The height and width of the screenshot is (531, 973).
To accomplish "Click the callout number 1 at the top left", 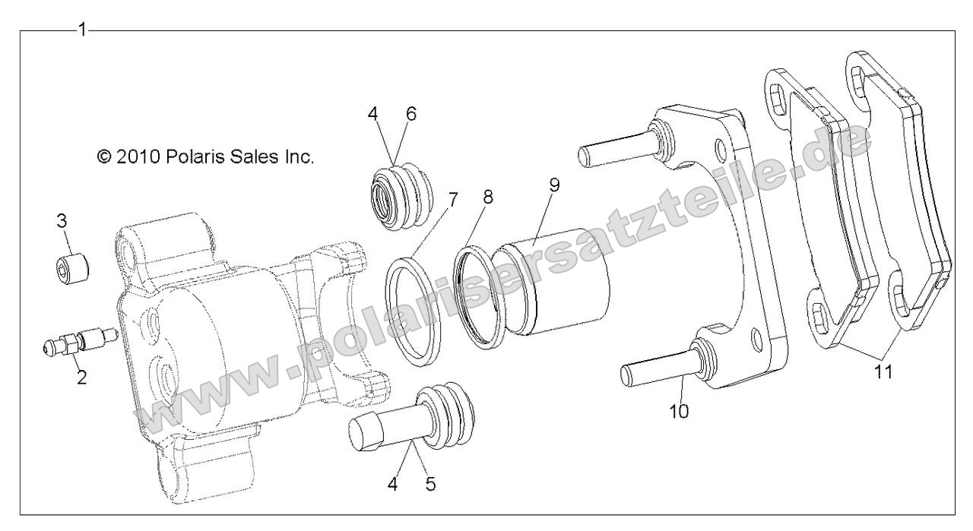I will pos(83,30).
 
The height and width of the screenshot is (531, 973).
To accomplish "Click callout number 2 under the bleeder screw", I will pos(81,377).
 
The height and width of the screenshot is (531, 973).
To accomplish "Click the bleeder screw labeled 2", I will pos(76,340).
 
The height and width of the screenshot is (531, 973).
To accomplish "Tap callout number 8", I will pos(487,196).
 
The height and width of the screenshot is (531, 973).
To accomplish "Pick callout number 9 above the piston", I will pos(554,186).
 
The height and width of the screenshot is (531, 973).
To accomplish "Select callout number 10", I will pos(679,411).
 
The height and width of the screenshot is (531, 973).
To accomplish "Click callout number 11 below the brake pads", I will pos(883,372).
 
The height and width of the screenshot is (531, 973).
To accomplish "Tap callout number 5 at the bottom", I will pos(430,482).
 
